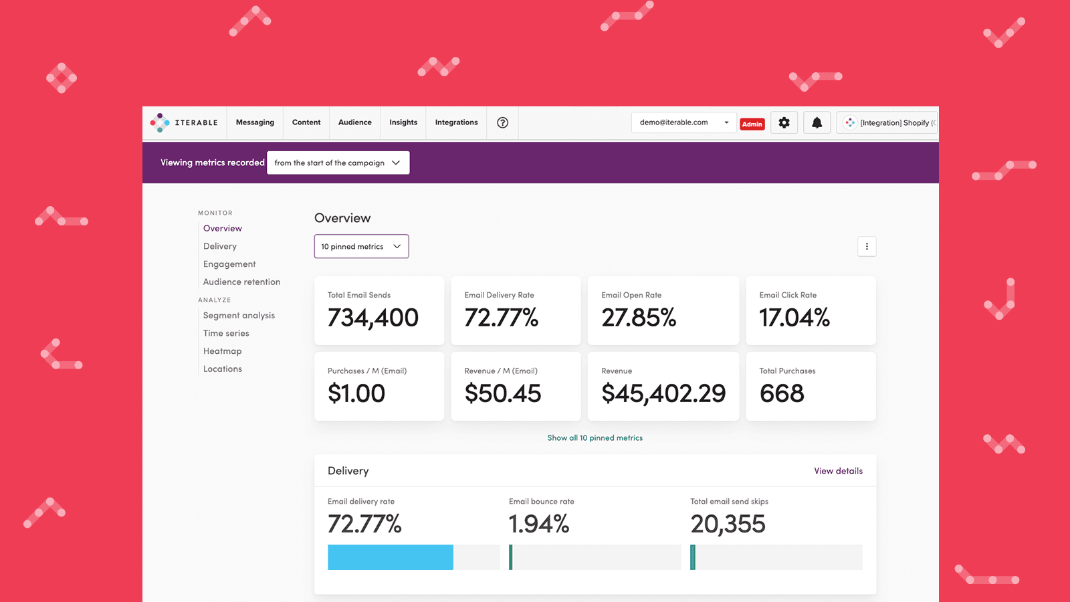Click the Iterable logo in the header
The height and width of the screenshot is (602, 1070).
(184, 122)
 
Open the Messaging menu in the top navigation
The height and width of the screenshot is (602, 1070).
(255, 122)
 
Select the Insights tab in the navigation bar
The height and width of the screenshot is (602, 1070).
(403, 122)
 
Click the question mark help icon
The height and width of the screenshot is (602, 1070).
(502, 122)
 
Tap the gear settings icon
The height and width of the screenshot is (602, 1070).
(784, 122)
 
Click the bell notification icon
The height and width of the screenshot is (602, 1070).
(817, 122)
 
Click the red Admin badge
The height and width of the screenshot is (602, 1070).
(752, 124)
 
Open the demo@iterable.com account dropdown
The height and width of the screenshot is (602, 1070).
(683, 122)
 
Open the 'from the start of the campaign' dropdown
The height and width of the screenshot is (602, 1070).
(338, 163)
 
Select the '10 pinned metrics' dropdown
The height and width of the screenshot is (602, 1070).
(361, 246)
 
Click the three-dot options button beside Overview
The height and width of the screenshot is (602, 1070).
(867, 246)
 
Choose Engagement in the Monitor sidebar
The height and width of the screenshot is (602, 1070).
(229, 264)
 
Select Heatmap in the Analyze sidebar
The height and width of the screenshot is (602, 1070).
(223, 351)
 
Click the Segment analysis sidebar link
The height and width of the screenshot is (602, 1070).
(239, 315)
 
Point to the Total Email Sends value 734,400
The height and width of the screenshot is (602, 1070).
(373, 318)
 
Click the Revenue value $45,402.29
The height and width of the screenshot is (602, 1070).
(663, 393)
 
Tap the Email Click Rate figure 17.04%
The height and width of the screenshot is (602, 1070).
(794, 318)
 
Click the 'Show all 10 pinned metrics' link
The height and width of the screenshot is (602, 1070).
(595, 438)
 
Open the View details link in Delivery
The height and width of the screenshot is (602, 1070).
(838, 471)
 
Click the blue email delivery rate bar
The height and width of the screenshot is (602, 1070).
(391, 557)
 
